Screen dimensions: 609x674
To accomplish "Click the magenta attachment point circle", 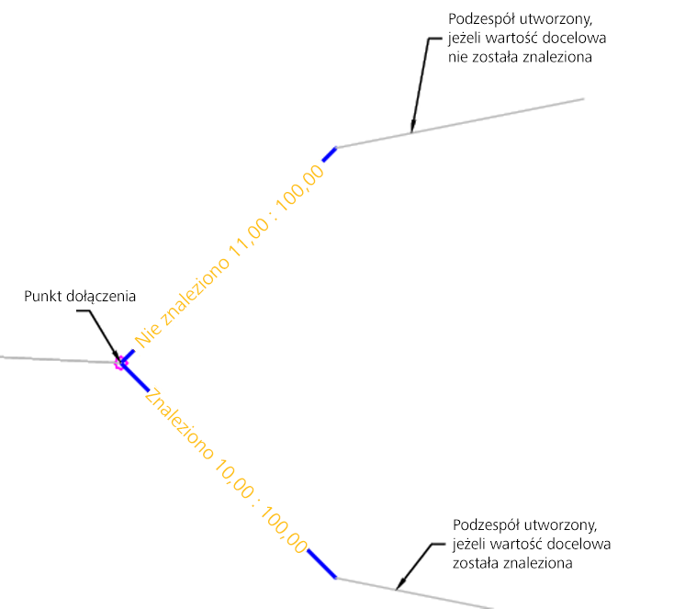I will (x=119, y=363).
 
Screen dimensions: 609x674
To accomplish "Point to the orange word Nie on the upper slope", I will (x=145, y=335).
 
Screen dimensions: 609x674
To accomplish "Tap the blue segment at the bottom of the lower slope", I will (x=321, y=563).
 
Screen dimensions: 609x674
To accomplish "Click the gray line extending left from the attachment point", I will (x=55, y=358).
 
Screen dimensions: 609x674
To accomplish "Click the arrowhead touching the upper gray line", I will (x=413, y=129).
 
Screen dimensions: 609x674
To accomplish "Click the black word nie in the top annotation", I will (x=459, y=56).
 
